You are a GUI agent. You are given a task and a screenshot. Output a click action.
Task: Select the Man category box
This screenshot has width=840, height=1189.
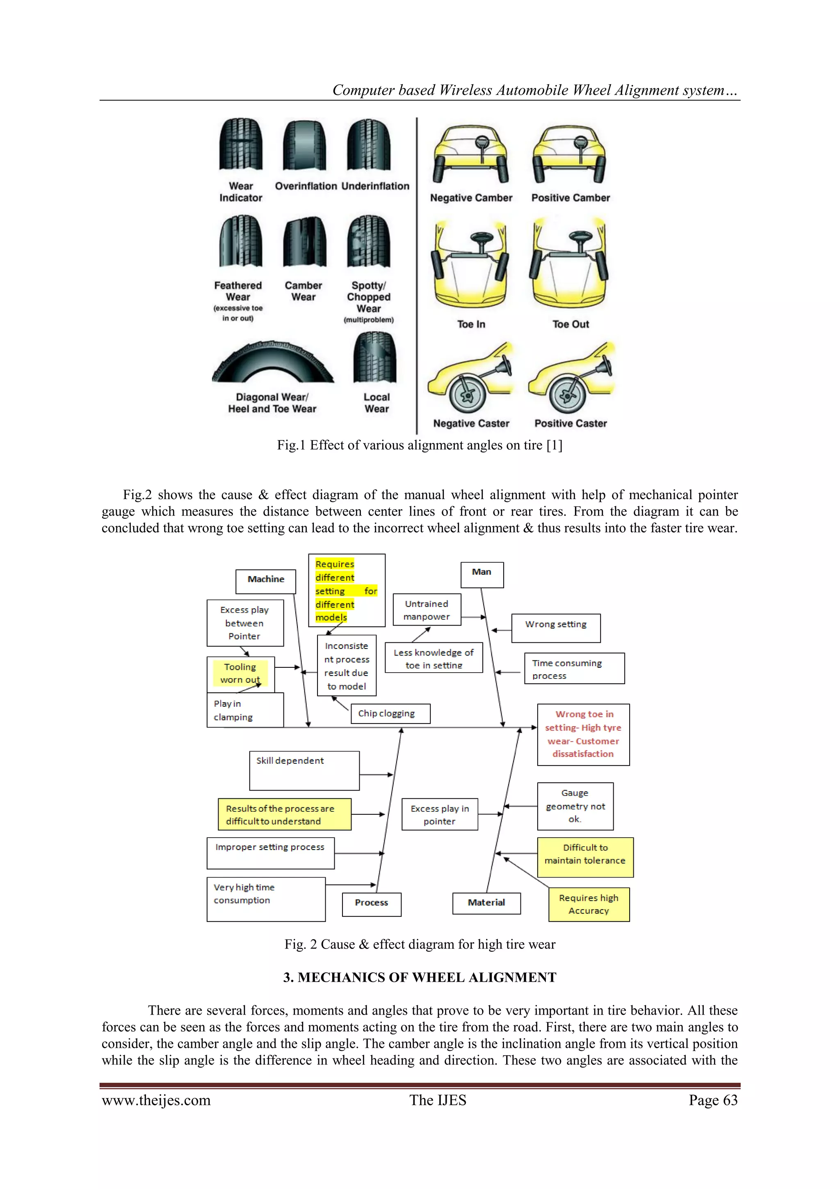(x=482, y=574)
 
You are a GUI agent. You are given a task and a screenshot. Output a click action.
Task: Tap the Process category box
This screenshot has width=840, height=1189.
(x=372, y=904)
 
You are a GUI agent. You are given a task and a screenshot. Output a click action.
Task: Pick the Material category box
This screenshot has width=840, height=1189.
(x=486, y=903)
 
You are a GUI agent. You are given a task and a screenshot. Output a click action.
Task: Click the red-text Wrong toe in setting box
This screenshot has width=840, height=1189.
(x=583, y=734)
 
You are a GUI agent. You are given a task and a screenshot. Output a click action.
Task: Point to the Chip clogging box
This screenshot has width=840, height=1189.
(x=390, y=714)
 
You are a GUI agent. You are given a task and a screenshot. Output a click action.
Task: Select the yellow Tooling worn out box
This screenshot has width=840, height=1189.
(x=240, y=673)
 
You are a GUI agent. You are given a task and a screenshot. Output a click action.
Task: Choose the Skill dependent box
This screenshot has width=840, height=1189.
(x=304, y=770)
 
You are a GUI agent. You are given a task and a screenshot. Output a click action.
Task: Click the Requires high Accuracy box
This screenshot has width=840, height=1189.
(x=589, y=904)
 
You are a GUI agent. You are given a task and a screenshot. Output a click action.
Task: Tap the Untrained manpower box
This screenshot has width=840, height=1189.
(x=427, y=610)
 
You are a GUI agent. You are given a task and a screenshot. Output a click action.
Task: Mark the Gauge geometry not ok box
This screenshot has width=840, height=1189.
(x=575, y=806)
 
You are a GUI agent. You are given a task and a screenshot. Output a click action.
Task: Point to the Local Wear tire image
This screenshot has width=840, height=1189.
(x=375, y=358)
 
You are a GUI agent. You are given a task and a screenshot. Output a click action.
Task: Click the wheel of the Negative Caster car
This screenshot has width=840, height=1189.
(x=467, y=394)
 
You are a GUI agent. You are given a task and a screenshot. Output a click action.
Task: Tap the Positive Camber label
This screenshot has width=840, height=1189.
(x=571, y=198)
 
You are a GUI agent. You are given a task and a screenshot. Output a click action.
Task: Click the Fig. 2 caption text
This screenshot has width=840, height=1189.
(x=420, y=944)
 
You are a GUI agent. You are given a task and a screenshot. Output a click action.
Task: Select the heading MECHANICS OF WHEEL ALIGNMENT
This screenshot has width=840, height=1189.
(x=420, y=977)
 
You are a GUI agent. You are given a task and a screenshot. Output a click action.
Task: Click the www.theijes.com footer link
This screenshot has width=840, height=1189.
(x=156, y=1100)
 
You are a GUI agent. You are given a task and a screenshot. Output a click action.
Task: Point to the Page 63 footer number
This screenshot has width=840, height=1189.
(x=713, y=1100)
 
